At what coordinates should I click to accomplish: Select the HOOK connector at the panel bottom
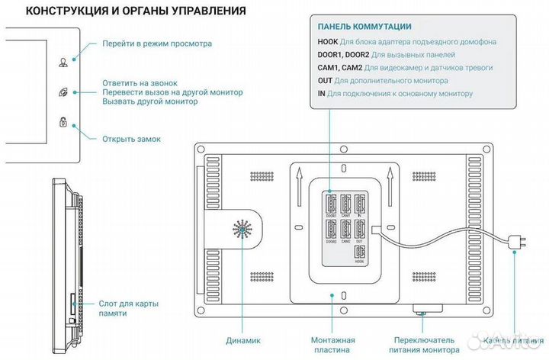pyautogui.click(x=361, y=254)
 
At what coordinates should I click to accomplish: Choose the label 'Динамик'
pyautogui.click(x=243, y=340)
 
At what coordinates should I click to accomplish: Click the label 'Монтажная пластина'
pyautogui.click(x=332, y=346)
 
